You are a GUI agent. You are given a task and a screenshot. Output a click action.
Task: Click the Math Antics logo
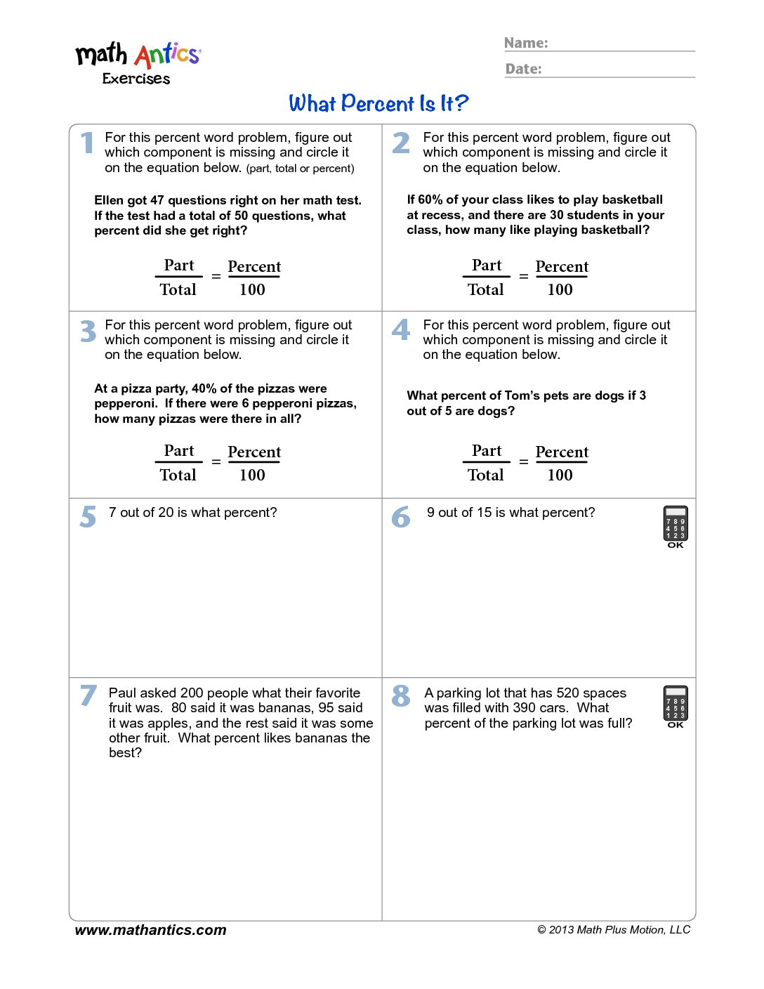click(138, 62)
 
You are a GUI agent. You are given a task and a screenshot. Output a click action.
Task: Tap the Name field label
click(526, 43)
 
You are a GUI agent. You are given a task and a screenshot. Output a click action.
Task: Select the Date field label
click(523, 69)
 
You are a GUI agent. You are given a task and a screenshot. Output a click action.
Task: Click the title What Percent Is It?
click(378, 103)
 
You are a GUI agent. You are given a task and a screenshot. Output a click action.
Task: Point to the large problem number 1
click(87, 143)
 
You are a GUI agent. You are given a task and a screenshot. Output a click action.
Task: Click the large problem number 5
click(88, 517)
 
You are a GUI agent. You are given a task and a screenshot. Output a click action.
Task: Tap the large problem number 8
click(401, 696)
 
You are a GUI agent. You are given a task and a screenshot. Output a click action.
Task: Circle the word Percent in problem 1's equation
click(254, 267)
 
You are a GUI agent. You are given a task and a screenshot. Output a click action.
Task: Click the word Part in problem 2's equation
click(487, 266)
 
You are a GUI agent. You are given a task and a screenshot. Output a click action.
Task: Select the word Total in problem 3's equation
click(178, 475)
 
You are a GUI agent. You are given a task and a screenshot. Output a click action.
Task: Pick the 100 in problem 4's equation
click(560, 475)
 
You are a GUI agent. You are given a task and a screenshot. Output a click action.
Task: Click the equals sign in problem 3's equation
click(216, 462)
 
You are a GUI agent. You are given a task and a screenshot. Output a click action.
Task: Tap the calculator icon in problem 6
click(676, 527)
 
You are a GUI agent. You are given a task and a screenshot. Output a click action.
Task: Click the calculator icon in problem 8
click(676, 706)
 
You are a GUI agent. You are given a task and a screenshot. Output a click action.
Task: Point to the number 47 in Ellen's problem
click(157, 200)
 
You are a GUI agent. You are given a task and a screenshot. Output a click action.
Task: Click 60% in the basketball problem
click(430, 199)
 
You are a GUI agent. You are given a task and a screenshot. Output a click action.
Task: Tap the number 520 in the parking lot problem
click(567, 693)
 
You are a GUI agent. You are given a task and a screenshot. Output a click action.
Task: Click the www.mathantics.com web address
click(150, 930)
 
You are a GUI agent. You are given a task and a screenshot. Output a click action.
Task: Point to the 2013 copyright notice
click(614, 930)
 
